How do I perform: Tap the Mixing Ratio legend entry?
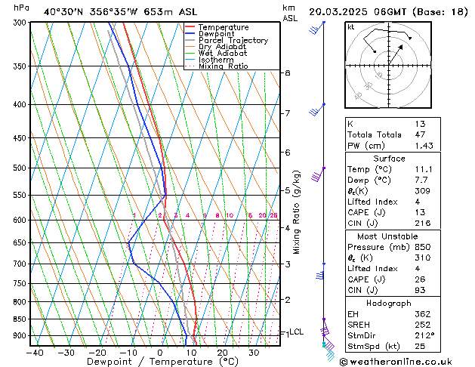[223, 66]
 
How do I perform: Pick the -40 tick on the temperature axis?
[35, 353]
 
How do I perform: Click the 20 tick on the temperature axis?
[222, 353]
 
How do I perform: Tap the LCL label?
[297, 332]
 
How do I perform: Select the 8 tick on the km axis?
[288, 72]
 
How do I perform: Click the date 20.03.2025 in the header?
[341, 11]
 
